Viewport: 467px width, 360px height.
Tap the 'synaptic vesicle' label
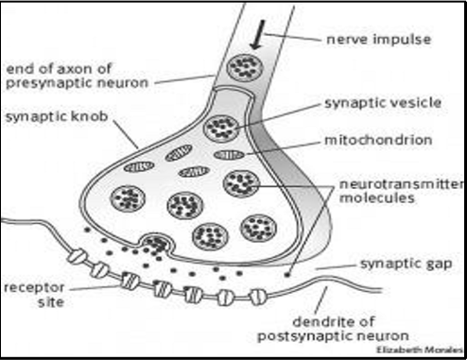[372, 101]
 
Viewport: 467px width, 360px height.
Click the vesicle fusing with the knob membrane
[157, 244]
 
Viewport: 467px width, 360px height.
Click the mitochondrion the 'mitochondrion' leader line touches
[228, 154]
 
